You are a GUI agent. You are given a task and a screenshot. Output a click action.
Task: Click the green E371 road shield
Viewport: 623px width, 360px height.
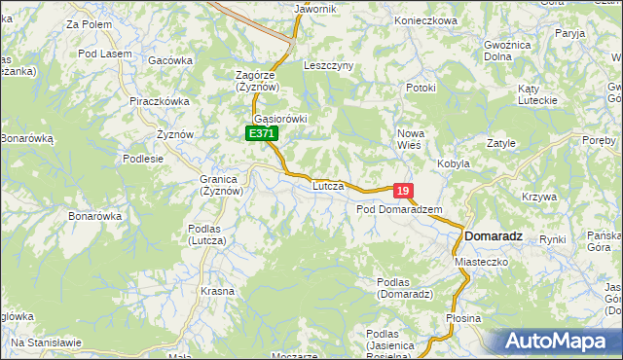coord(261,133)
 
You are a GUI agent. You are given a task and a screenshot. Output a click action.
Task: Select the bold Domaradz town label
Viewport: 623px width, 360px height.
coord(494,235)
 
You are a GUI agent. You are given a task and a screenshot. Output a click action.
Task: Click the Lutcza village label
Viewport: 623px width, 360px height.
coord(328,185)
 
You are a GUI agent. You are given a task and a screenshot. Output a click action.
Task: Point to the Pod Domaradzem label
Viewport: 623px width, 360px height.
coord(399,209)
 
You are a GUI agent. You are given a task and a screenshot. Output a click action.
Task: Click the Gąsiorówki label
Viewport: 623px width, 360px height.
coord(280,119)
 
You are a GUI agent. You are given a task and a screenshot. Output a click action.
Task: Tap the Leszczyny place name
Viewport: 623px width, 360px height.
coord(328,65)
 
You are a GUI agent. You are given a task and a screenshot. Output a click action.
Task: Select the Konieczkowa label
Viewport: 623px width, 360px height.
coord(425,20)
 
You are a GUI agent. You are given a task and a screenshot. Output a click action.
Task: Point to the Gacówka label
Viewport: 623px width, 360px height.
coord(170,60)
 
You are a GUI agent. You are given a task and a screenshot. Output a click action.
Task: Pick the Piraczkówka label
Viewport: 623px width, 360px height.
coord(159,100)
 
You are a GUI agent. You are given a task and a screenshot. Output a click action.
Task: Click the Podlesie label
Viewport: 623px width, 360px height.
coord(143,158)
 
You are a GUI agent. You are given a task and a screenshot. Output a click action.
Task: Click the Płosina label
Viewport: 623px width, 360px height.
coord(463,318)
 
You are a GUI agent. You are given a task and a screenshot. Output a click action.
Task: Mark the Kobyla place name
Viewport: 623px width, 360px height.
coord(454,163)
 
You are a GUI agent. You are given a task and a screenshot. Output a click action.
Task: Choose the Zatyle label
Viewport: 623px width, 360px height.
coord(500,143)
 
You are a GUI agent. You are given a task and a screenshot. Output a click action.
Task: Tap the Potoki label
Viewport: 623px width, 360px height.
coord(421,89)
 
